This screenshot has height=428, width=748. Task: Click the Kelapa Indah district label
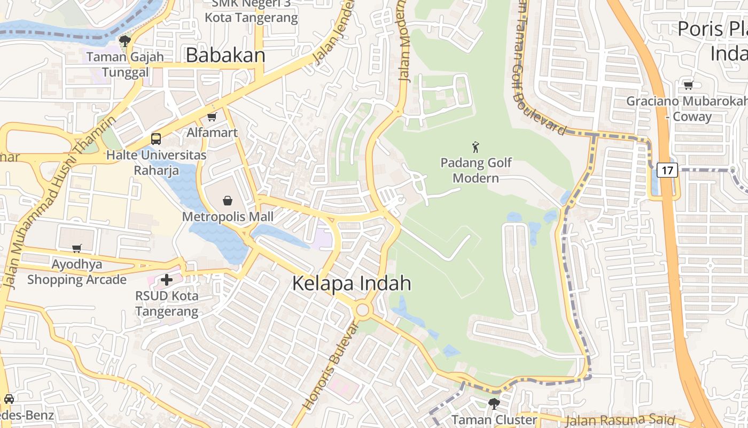pyautogui.click(x=352, y=284)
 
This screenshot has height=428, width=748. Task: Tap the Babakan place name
pyautogui.click(x=225, y=55)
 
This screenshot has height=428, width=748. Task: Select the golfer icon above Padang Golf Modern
pyautogui.click(x=476, y=147)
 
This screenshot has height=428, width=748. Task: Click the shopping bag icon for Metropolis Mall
pyautogui.click(x=228, y=201)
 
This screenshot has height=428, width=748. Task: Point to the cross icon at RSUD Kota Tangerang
pyautogui.click(x=167, y=279)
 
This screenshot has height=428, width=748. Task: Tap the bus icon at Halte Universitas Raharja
pyautogui.click(x=156, y=139)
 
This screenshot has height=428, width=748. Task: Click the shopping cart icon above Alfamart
pyautogui.click(x=212, y=117)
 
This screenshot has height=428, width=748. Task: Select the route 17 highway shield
pyautogui.click(x=667, y=170)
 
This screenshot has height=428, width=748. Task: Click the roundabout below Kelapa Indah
pyautogui.click(x=363, y=309)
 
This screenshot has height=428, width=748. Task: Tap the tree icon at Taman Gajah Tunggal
pyautogui.click(x=125, y=41)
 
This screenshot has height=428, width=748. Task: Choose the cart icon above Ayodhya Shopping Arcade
pyautogui.click(x=77, y=248)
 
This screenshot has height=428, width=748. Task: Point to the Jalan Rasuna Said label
pyautogui.click(x=620, y=421)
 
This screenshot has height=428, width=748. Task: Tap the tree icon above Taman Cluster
pyautogui.click(x=494, y=403)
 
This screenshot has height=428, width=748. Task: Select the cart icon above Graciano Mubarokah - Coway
pyautogui.click(x=689, y=85)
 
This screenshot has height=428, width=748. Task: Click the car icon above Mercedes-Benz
pyautogui.click(x=9, y=399)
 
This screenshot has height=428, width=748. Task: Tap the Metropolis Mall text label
pyautogui.click(x=228, y=217)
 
